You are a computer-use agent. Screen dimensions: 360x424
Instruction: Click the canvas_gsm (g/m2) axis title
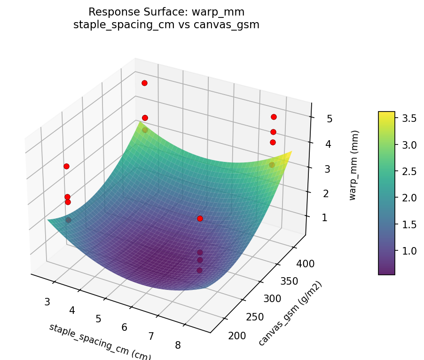click(291, 312)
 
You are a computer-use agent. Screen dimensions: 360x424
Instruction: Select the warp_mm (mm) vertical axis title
click(353, 165)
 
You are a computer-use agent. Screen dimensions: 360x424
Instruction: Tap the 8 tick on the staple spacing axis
click(178, 345)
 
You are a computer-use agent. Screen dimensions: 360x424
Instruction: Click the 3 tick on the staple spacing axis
click(47, 301)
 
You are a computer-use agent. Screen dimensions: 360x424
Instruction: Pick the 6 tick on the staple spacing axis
click(125, 327)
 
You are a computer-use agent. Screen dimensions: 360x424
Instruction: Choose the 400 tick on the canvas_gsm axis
click(305, 264)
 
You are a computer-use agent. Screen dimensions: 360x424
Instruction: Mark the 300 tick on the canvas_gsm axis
click(272, 298)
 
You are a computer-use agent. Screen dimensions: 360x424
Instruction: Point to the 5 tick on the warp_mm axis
click(330, 119)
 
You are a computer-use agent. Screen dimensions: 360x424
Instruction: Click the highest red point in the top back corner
click(144, 83)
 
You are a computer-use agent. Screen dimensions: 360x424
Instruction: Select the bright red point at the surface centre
click(200, 218)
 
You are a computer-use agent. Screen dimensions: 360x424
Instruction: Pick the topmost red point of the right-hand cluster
click(274, 117)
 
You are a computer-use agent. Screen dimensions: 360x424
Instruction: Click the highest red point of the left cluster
click(66, 166)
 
